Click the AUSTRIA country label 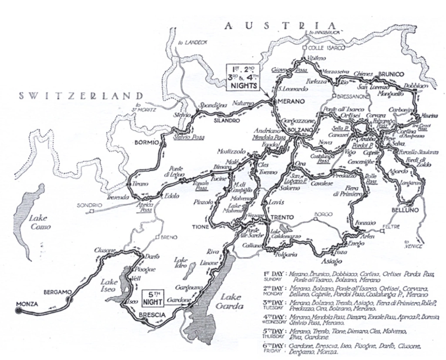(281, 25)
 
